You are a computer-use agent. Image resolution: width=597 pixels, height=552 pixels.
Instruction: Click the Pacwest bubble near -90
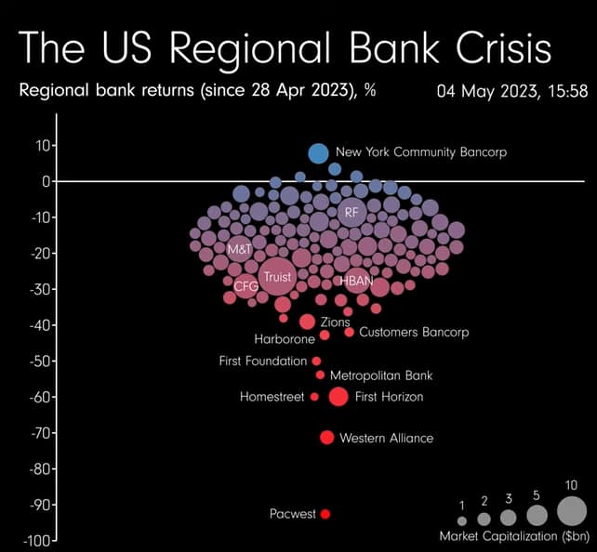pos(325,514)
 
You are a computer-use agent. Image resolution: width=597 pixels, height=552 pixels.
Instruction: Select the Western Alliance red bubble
pos(326,438)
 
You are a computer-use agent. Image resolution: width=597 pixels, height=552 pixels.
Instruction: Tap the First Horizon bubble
pos(338,397)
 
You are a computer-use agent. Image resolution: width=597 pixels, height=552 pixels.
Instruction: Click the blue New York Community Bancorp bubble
pos(318,153)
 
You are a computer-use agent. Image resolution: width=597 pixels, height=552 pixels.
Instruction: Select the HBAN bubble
pos(355,279)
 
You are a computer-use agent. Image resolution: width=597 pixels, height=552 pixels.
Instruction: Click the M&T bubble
pos(240,250)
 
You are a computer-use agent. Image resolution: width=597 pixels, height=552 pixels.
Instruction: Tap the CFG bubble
pos(245,287)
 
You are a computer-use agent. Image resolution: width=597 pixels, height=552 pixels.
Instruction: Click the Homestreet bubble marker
pos(314,397)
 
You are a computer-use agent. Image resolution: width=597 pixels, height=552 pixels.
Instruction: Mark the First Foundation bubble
pos(316,361)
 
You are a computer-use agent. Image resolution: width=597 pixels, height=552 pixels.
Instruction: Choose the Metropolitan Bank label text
pos(381,375)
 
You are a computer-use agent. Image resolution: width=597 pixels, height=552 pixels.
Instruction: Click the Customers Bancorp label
pos(413,332)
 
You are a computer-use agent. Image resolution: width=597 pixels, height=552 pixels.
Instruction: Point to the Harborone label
pos(285,339)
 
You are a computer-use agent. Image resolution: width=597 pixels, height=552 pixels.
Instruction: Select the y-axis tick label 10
pos(42,145)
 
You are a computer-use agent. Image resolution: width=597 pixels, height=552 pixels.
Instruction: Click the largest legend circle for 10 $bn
pos(572,511)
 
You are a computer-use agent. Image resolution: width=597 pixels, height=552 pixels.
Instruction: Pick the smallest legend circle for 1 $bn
pos(462,520)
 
